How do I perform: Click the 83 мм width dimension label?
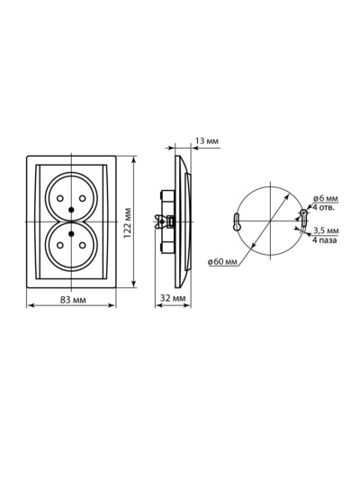pyautogui.click(x=73, y=300)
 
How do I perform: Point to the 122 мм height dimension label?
pyautogui.click(x=128, y=223)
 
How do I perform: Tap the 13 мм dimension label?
pyautogui.click(x=207, y=141)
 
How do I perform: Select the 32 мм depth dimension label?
pyautogui.click(x=173, y=298)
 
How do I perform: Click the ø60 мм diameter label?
pyautogui.click(x=222, y=262)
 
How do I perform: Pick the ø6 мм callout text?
pyautogui.click(x=326, y=198)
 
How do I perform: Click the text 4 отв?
pyautogui.click(x=324, y=207)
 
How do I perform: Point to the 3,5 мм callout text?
pyautogui.click(x=326, y=231)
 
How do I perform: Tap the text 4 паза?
pyautogui.click(x=325, y=240)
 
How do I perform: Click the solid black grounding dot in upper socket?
pyautogui.click(x=71, y=210)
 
